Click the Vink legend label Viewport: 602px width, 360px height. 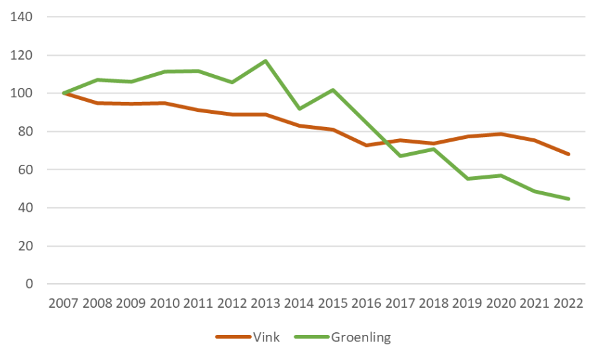pos(266,337)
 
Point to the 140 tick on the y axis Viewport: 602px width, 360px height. pos(23,17)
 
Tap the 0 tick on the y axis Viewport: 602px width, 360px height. pos(28,285)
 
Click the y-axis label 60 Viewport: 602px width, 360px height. pos(25,170)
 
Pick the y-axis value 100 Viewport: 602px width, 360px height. pos(23,93)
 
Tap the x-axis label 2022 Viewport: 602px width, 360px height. pos(568,304)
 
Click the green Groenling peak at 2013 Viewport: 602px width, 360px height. pos(266,61)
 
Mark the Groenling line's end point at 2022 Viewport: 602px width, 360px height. pos(568,199)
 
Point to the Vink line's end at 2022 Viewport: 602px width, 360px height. pos(568,154)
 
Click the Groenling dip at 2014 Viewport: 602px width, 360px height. pos(299,109)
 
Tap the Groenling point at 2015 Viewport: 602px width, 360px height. pos(333,90)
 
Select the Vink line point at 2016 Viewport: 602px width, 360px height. pos(366,145)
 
